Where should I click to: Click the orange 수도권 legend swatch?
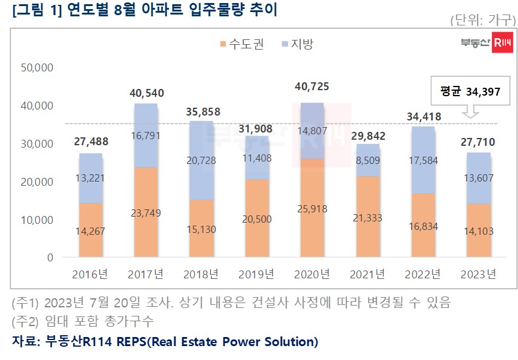[223, 44]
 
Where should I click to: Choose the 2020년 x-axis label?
[312, 274]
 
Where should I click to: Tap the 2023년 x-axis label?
[478, 274]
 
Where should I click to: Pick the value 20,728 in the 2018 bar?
[202, 160]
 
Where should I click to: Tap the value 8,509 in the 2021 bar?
[368, 161]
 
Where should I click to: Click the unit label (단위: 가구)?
[480, 20]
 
